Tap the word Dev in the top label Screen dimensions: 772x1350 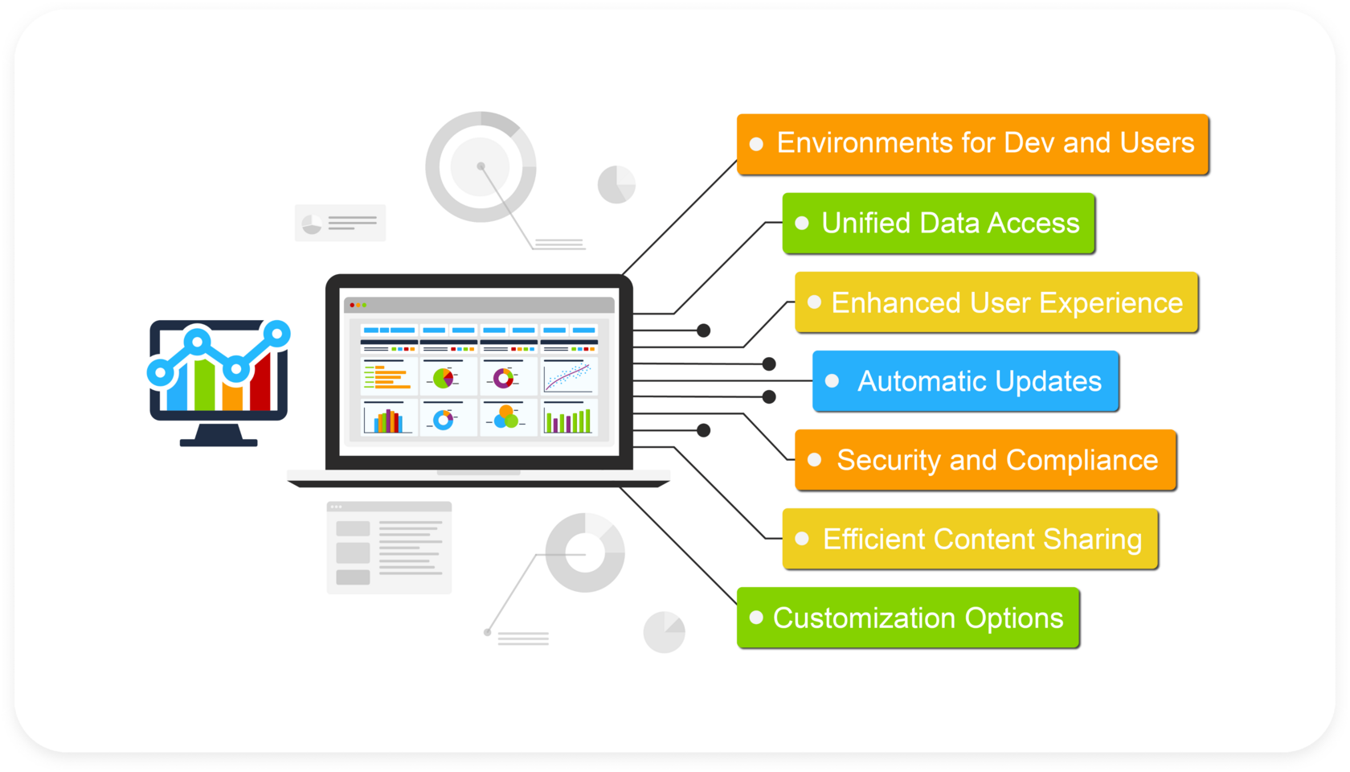[x=1029, y=143]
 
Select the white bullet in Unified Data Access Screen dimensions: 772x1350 [x=801, y=224]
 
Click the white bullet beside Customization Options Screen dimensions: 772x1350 [x=755, y=618]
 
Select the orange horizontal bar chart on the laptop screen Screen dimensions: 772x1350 [x=387, y=377]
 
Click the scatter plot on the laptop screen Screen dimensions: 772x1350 [x=568, y=376]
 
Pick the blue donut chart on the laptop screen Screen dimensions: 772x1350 [x=443, y=420]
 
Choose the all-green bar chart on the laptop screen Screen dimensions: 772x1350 [x=567, y=421]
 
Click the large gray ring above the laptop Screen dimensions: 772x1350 [x=481, y=166]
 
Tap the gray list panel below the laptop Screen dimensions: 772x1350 [x=389, y=548]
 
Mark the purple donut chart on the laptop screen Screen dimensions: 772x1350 [x=504, y=378]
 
